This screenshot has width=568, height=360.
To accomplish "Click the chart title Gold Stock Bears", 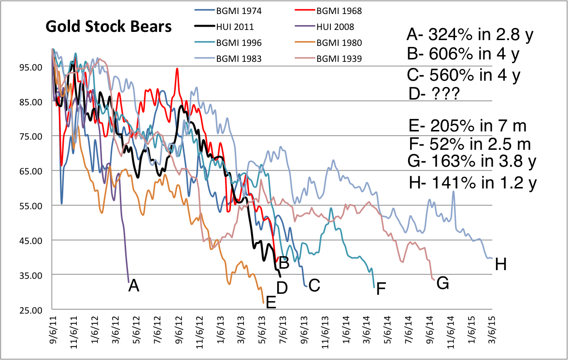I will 109,27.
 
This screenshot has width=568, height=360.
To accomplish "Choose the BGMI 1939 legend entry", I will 340,59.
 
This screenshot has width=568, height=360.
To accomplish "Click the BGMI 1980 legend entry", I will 340,43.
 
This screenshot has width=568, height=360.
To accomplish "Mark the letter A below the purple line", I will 134,287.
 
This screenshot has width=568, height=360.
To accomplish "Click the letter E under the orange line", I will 271,302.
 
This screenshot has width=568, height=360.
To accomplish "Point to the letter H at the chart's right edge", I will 501,264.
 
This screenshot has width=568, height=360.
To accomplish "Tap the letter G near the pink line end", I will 442,284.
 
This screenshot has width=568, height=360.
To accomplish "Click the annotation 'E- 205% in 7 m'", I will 467,127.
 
